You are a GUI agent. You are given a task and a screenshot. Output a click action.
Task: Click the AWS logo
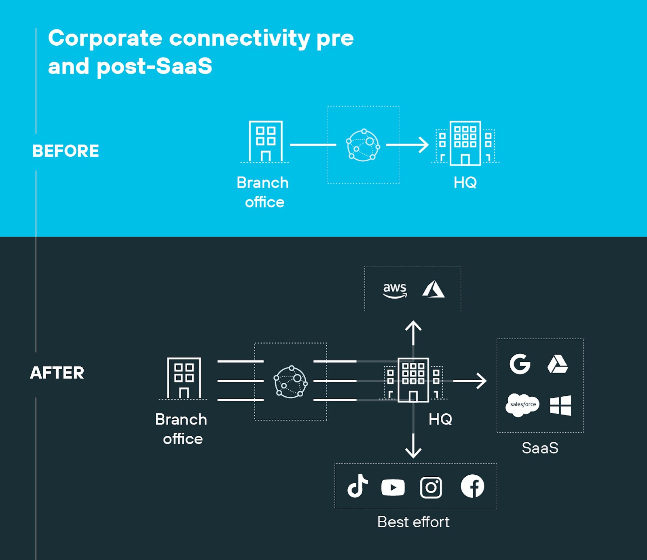(x=395, y=290)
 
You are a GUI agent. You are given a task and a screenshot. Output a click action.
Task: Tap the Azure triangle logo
(x=433, y=289)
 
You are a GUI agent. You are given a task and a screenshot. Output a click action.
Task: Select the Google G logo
(x=520, y=364)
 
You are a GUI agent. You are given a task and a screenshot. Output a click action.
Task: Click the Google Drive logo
(x=558, y=364)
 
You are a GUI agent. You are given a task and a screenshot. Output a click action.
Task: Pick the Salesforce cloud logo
(x=522, y=405)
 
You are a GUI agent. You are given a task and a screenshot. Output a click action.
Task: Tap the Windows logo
(x=560, y=405)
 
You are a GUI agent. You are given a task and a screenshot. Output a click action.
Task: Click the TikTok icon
(x=357, y=486)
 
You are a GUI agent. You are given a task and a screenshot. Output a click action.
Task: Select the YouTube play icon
(x=393, y=487)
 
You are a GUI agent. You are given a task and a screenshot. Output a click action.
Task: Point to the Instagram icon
(x=431, y=487)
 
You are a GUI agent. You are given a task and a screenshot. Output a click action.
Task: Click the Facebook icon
(x=472, y=486)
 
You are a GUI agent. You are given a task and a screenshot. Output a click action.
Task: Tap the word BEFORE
(x=66, y=151)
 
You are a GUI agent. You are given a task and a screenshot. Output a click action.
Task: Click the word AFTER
(x=57, y=373)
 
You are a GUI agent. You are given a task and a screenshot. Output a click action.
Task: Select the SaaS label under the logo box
(x=540, y=448)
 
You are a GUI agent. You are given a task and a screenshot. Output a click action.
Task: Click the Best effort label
(x=413, y=522)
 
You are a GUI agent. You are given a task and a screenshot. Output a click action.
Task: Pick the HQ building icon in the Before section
(x=465, y=144)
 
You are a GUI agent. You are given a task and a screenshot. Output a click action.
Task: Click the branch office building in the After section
(x=184, y=378)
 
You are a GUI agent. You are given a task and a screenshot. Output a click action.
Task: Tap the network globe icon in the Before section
(x=363, y=145)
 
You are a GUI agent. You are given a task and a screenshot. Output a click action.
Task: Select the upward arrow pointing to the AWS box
(x=413, y=332)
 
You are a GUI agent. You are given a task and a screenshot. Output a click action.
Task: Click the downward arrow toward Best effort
(x=413, y=446)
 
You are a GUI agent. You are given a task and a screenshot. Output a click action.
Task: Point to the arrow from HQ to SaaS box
(x=470, y=380)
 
